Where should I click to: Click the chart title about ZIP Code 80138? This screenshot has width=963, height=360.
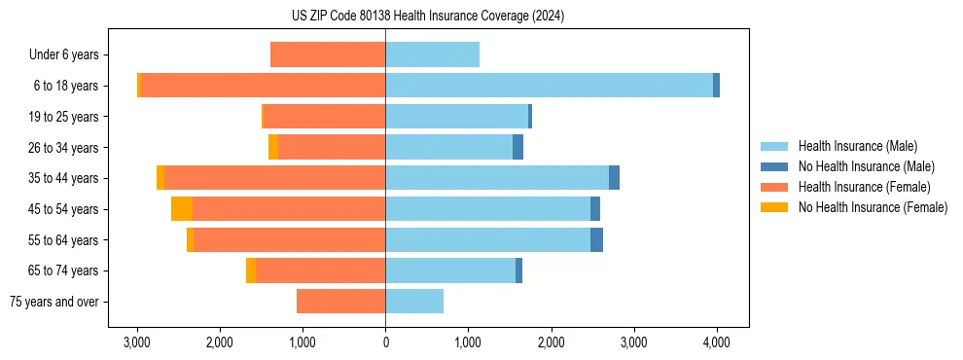click(427, 17)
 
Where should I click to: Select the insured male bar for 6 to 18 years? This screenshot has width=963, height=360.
click(549, 86)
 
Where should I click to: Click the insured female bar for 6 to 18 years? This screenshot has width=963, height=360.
click(263, 86)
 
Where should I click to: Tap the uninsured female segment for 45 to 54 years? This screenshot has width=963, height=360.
click(182, 209)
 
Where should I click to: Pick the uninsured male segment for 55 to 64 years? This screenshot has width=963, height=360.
click(596, 239)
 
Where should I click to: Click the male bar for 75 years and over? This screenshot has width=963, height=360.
click(414, 302)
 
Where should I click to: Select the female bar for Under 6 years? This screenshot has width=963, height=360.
click(328, 54)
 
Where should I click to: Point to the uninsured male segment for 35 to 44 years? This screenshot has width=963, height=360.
click(614, 178)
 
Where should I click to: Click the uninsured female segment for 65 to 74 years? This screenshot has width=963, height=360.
click(251, 270)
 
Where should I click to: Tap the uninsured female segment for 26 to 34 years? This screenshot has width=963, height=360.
click(273, 147)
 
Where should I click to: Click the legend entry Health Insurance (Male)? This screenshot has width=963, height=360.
click(857, 146)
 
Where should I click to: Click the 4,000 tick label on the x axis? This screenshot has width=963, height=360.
click(717, 342)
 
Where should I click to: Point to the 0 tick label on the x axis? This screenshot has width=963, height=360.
click(385, 342)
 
